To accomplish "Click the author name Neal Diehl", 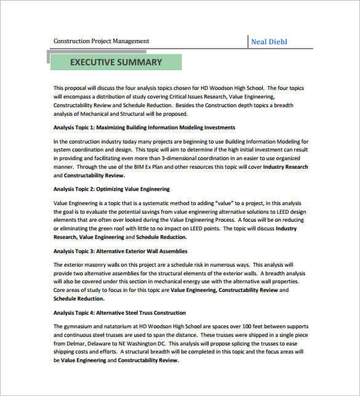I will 269,42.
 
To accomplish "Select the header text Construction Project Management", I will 101,41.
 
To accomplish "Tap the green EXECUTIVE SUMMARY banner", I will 116,62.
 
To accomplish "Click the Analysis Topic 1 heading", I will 144,127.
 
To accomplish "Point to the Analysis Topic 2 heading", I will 111,189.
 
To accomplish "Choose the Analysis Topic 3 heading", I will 120,251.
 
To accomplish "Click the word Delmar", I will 81,346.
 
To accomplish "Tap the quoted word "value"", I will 225,203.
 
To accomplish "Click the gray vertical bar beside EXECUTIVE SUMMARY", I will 49,59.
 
